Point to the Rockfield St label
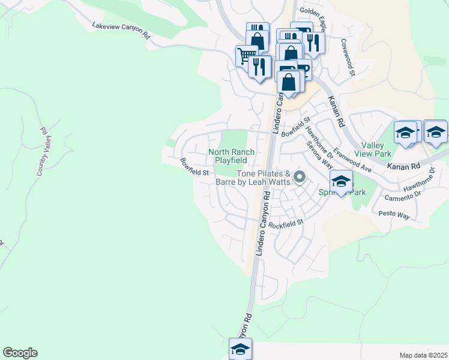pos(286,224)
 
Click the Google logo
pos(20,353)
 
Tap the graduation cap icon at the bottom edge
pos(240,348)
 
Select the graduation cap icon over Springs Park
pos(341,181)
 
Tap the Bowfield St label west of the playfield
pos(194,167)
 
